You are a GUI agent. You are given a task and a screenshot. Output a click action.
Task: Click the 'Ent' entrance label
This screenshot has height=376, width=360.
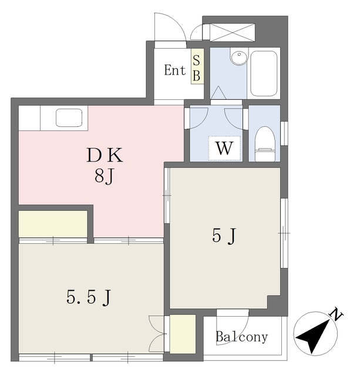[x=174, y=70]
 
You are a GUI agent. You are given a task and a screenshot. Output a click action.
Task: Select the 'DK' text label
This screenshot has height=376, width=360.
[x=105, y=156]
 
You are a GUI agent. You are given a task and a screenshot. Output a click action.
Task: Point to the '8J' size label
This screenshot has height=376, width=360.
[x=105, y=175]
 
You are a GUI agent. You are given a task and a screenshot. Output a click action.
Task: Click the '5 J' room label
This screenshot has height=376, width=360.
[x=224, y=236]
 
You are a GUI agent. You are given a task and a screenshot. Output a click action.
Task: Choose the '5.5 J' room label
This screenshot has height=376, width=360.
[x=89, y=297]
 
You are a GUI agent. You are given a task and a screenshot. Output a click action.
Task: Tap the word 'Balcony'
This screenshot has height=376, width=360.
[x=241, y=337]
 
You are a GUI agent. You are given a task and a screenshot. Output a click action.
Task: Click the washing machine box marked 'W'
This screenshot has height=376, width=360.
[x=224, y=148]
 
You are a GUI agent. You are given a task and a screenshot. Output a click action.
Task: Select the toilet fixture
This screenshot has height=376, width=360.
[x=265, y=141]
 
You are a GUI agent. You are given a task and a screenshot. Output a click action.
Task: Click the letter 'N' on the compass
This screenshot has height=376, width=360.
[x=337, y=315]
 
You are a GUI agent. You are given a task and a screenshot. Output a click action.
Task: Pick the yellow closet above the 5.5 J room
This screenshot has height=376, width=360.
[x=53, y=224]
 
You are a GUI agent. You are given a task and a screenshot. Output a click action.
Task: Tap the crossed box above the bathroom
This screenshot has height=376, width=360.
[x=232, y=32]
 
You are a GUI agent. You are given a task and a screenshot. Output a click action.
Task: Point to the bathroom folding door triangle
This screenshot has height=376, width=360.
[x=218, y=93]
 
